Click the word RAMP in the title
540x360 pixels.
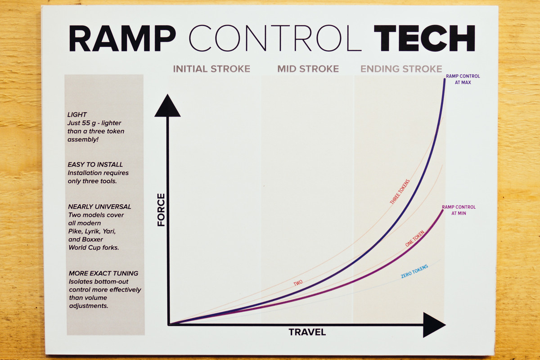122,38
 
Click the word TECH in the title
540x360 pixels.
424,38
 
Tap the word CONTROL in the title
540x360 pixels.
275,38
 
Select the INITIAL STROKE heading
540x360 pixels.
211,69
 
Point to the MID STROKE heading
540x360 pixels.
308,69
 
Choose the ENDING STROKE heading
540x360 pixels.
401,69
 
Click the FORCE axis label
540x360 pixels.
161,210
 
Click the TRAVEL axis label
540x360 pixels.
307,332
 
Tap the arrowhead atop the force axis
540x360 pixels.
167,106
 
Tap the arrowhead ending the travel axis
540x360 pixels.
434,325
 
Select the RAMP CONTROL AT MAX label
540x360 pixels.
463,79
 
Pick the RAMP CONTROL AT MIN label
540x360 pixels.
459,210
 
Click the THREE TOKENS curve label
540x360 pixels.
400,192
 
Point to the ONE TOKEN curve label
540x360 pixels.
414,238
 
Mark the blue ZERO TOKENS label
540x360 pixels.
414,271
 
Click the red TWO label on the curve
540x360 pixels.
298,283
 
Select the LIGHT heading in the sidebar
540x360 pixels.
77,115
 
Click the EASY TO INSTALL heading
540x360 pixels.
95,164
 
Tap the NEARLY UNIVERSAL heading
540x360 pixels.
99,207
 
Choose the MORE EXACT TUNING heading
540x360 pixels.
103,273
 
